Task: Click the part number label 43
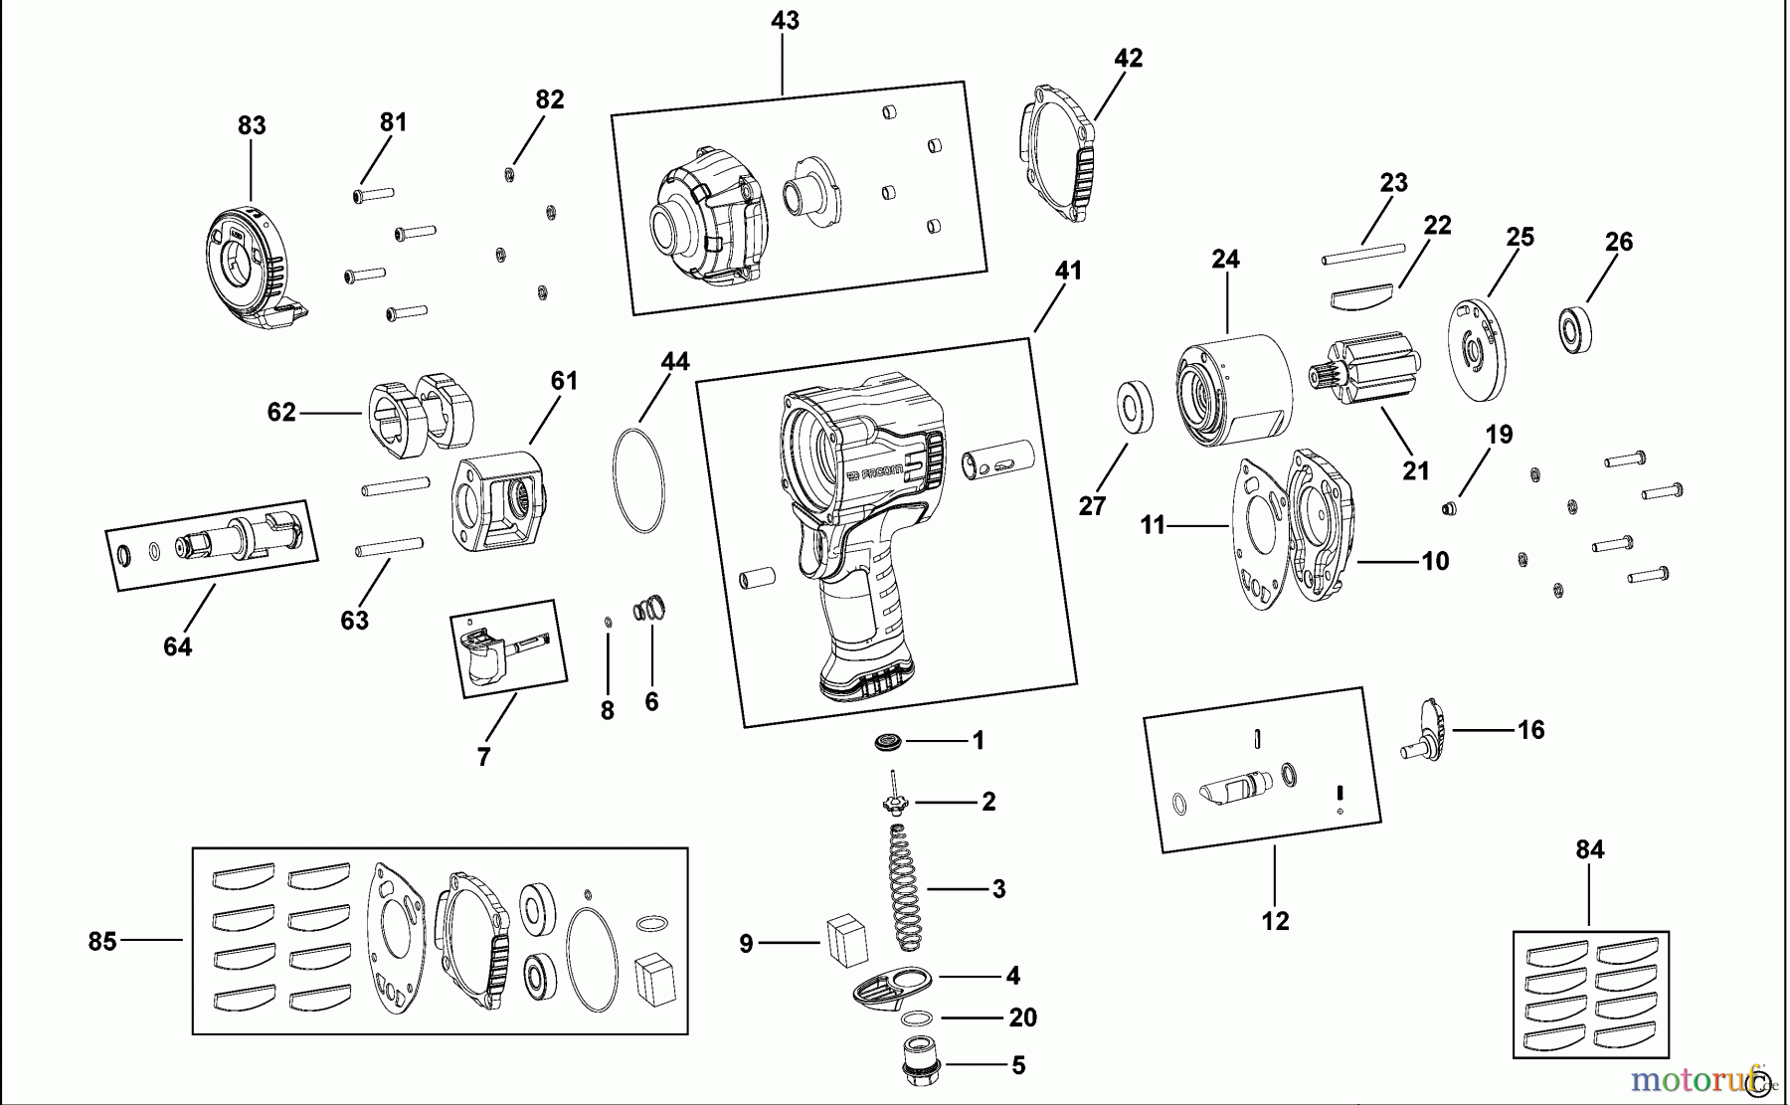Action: coord(785,21)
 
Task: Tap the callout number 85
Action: coord(102,941)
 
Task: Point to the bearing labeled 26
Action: coord(1573,329)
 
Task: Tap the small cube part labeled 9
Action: coord(846,940)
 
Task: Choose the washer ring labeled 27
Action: coord(1134,406)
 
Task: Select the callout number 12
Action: coord(1275,921)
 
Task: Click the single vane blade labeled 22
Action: coord(1361,293)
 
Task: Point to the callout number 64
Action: coord(177,646)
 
